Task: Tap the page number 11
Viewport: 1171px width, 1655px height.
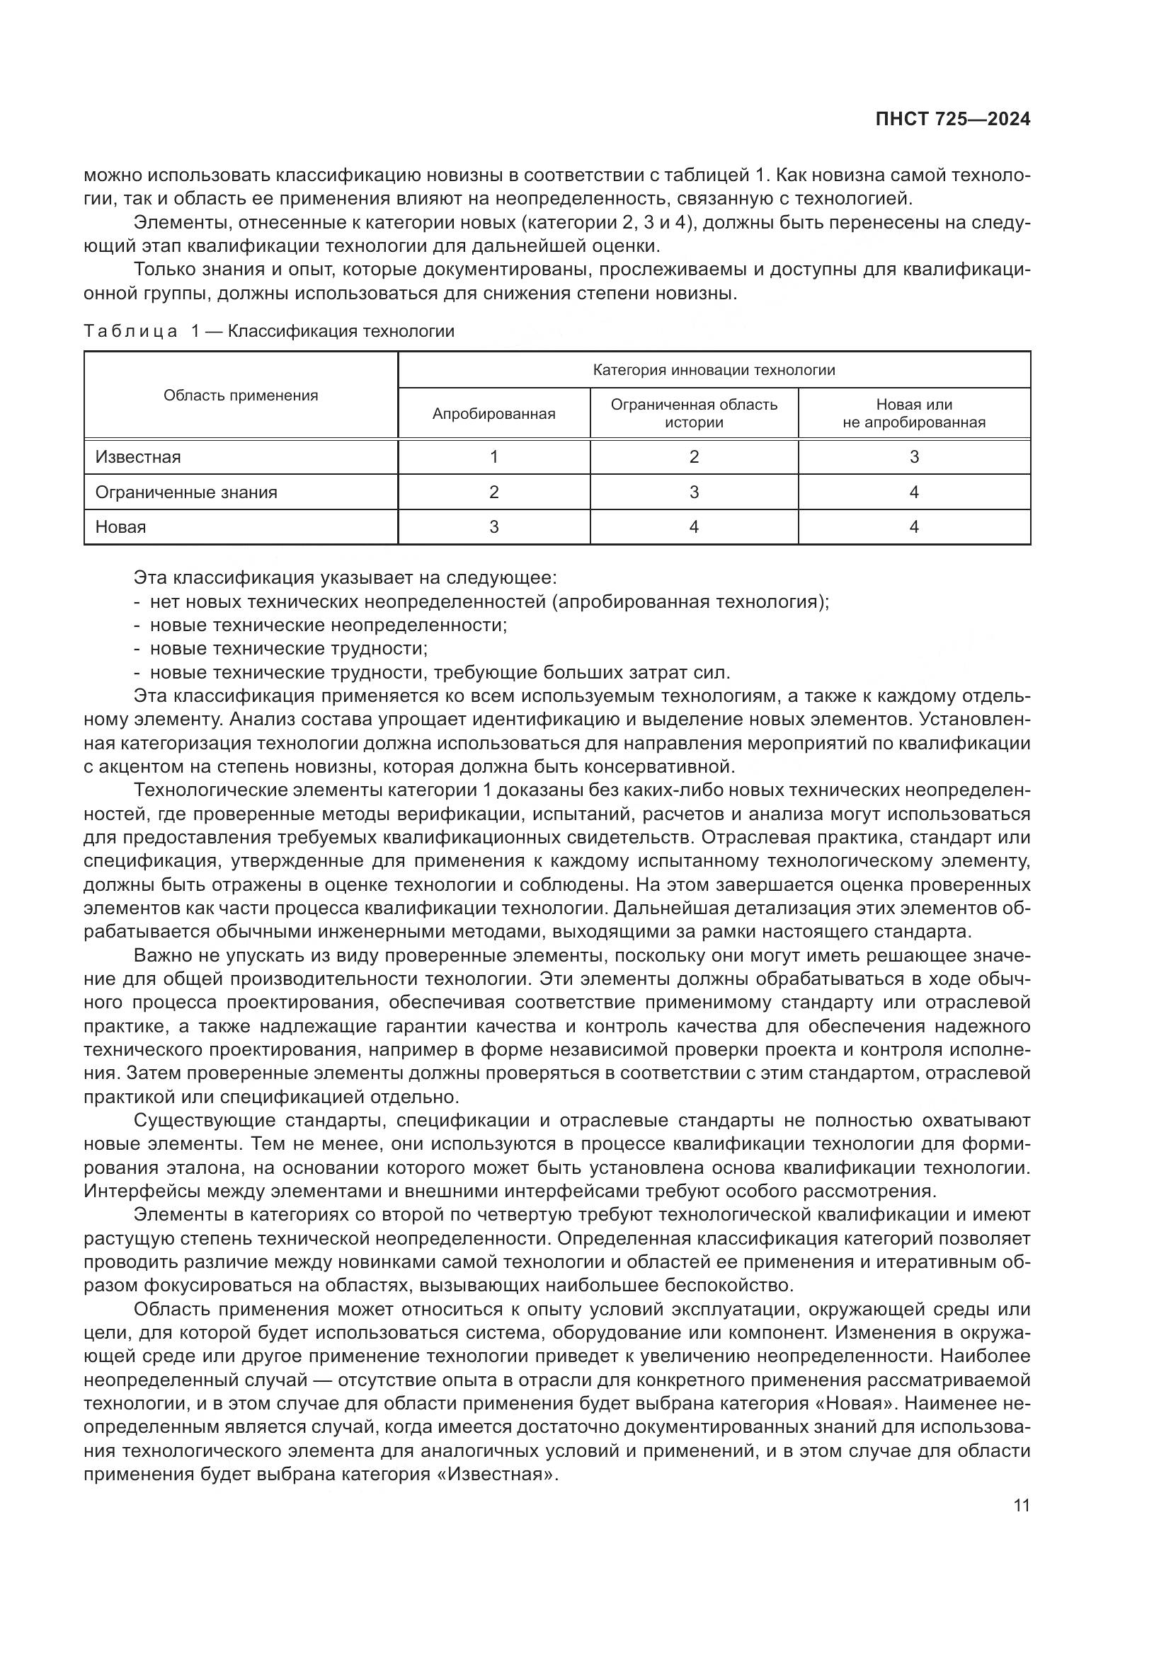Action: [x=1021, y=1505]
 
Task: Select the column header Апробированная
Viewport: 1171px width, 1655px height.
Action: [x=493, y=414]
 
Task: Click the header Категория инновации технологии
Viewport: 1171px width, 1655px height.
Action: [x=713, y=370]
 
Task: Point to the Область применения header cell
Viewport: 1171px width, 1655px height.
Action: [x=240, y=395]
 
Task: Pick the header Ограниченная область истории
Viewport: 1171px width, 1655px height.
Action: [x=694, y=413]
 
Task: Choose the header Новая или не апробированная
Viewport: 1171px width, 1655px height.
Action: [x=913, y=413]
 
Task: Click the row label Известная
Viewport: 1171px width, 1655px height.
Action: [x=138, y=457]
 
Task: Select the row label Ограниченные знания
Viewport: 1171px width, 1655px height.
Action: [x=186, y=492]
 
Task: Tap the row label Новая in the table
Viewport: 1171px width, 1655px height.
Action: [x=120, y=527]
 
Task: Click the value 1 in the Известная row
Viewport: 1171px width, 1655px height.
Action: [x=493, y=457]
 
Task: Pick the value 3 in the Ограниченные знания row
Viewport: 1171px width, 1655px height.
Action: [x=694, y=492]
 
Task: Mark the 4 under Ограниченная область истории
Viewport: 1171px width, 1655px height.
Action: [x=694, y=527]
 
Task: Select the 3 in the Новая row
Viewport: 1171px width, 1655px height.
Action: [x=493, y=527]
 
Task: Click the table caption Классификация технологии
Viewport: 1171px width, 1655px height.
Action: [x=341, y=331]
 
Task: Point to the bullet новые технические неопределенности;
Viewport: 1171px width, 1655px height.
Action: [x=328, y=625]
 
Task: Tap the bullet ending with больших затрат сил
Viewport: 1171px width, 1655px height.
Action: [x=440, y=672]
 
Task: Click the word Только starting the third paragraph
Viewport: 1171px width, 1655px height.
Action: [x=164, y=270]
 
